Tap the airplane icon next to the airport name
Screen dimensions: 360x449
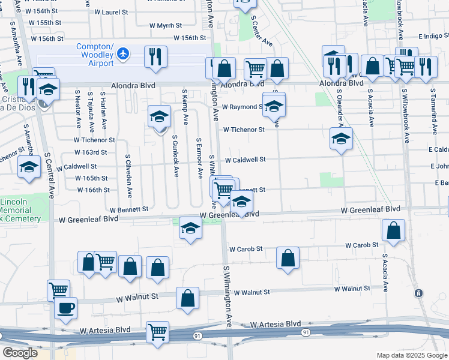[124, 54]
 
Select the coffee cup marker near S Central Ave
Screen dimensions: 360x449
[66, 308]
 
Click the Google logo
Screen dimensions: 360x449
[20, 353]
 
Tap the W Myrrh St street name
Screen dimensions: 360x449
[165, 25]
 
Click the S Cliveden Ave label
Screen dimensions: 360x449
[128, 175]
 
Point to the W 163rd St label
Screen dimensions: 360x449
[91, 153]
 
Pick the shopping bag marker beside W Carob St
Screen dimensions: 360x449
[288, 257]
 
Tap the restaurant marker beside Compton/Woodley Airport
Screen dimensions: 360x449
[156, 56]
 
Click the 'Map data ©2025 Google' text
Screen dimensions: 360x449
[411, 355]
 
